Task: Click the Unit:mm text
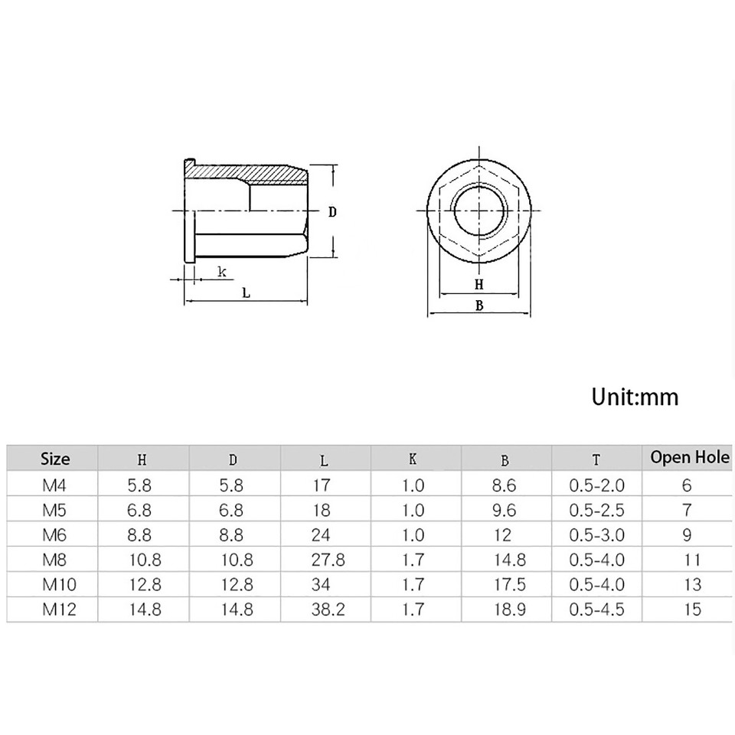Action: click(635, 397)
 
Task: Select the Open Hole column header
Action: click(690, 458)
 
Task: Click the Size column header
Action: click(54, 459)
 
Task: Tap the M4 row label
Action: click(54, 485)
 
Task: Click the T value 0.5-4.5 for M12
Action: click(597, 610)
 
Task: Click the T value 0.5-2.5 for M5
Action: click(597, 509)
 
